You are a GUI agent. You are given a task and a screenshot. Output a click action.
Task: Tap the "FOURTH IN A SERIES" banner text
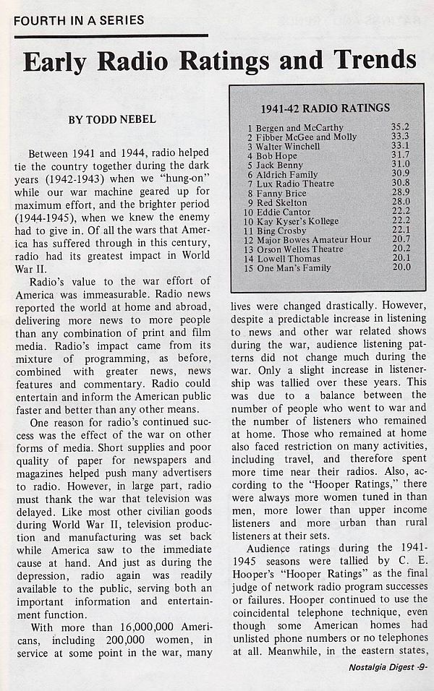(78, 20)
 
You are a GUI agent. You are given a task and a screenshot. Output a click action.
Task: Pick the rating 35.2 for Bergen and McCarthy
(400, 127)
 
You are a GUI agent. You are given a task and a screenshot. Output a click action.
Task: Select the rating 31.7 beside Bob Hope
(400, 155)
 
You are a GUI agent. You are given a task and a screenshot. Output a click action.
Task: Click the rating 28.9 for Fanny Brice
(400, 193)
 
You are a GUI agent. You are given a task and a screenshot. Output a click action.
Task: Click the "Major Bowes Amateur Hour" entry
(313, 240)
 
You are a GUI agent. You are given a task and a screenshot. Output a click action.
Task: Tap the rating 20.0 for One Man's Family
(400, 268)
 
